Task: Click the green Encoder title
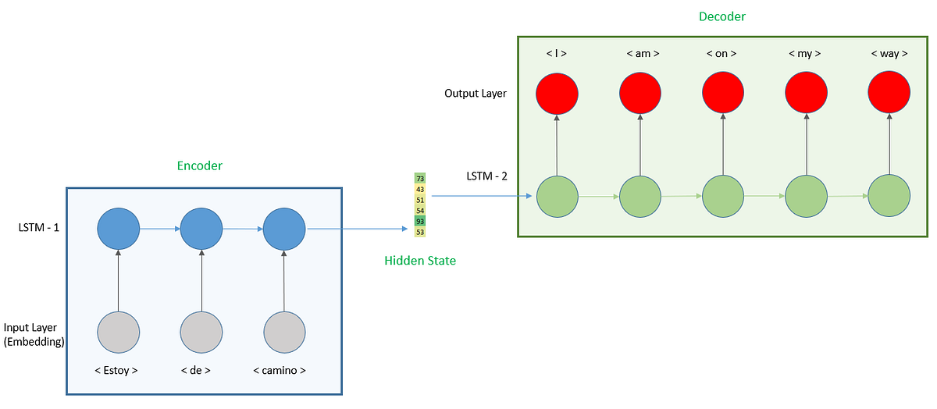pyautogui.click(x=199, y=165)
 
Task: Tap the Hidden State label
pyautogui.click(x=420, y=261)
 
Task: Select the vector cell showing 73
pyautogui.click(x=420, y=179)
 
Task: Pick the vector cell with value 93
pyautogui.click(x=420, y=222)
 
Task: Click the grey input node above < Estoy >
pyautogui.click(x=119, y=332)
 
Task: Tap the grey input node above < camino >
pyautogui.click(x=284, y=332)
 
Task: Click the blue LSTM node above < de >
pyautogui.click(x=201, y=229)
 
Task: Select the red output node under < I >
pyautogui.click(x=557, y=94)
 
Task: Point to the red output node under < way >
pyautogui.click(x=889, y=94)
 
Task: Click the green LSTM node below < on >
pyautogui.click(x=723, y=196)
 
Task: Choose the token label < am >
pyautogui.click(x=641, y=54)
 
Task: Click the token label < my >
pyautogui.click(x=806, y=54)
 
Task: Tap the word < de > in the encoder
pyautogui.click(x=201, y=370)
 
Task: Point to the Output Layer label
pyautogui.click(x=476, y=94)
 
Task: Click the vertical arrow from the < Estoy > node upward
pyautogui.click(x=119, y=280)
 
